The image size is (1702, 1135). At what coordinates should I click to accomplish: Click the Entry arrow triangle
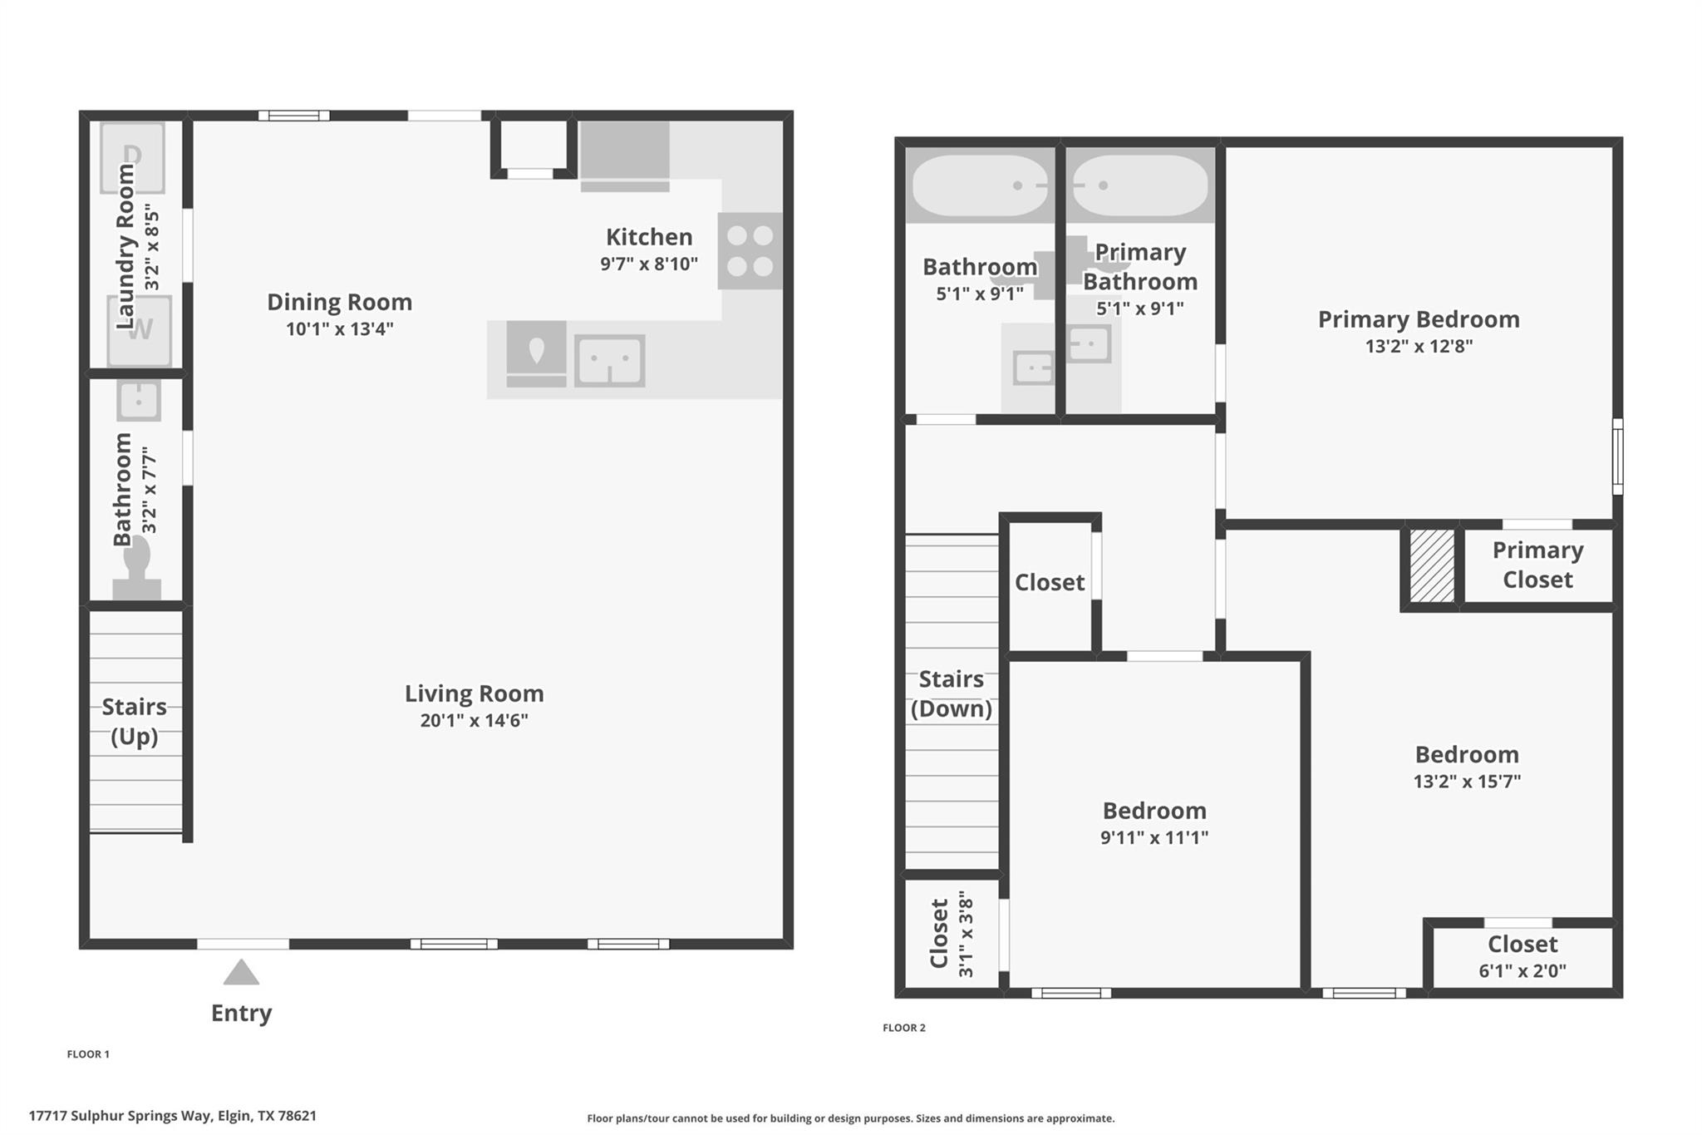click(x=241, y=973)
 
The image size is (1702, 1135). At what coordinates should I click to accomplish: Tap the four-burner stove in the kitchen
click(x=750, y=251)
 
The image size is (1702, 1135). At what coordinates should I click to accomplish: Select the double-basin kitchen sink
click(x=609, y=361)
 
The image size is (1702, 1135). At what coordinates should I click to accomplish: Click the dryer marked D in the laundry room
click(x=132, y=156)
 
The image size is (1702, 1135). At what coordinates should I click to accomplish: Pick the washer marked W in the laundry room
click(x=140, y=331)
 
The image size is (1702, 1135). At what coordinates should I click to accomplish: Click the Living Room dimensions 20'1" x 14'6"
click(x=474, y=720)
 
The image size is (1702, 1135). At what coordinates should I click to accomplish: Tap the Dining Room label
click(x=339, y=302)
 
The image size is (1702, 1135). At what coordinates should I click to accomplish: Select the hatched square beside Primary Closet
click(x=1432, y=565)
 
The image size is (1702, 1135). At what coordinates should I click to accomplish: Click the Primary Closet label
click(x=1537, y=565)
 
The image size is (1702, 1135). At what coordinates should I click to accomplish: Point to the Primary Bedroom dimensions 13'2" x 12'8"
click(x=1419, y=346)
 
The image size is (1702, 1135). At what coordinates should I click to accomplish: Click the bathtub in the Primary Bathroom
click(x=1140, y=185)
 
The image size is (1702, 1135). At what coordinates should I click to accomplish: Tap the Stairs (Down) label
click(x=951, y=693)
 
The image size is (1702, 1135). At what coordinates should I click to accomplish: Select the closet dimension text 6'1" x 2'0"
click(x=1522, y=970)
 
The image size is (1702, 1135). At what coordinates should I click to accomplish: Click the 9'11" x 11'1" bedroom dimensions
click(x=1154, y=837)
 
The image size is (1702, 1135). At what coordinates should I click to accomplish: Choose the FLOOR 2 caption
click(x=903, y=1028)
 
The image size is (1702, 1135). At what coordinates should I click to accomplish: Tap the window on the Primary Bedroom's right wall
click(x=1617, y=456)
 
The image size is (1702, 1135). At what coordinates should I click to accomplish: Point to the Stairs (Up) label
click(x=134, y=721)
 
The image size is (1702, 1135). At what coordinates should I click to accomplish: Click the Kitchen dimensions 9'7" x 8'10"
click(x=648, y=264)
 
